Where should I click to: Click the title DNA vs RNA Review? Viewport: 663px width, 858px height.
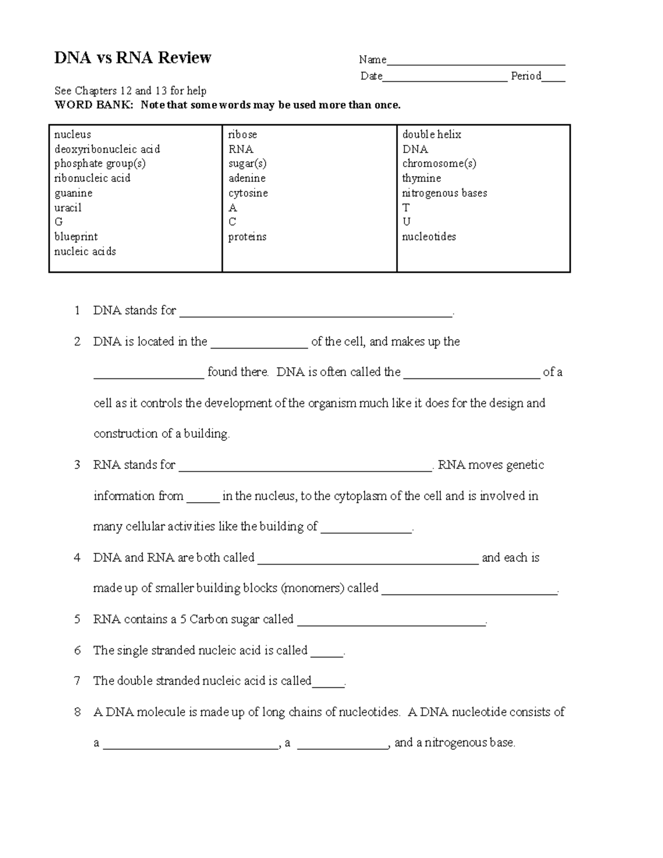coord(133,58)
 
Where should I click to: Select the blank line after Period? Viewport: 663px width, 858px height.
coord(553,79)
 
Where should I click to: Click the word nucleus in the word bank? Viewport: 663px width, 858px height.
coord(72,135)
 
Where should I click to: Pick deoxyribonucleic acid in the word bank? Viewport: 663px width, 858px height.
coord(107,149)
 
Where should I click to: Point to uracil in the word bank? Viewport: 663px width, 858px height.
coord(67,208)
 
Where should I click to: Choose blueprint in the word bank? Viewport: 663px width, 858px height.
coord(76,237)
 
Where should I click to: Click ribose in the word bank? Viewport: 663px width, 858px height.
coord(243,135)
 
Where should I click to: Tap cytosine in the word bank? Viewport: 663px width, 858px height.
coord(248,193)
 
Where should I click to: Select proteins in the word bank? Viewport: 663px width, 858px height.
coord(247,237)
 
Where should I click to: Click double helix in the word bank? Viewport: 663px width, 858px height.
coord(432,135)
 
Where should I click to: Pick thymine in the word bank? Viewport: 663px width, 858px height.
coord(422,178)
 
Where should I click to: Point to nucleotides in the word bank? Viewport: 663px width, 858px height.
coord(429,237)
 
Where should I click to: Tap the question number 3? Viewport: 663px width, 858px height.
coord(77,465)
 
